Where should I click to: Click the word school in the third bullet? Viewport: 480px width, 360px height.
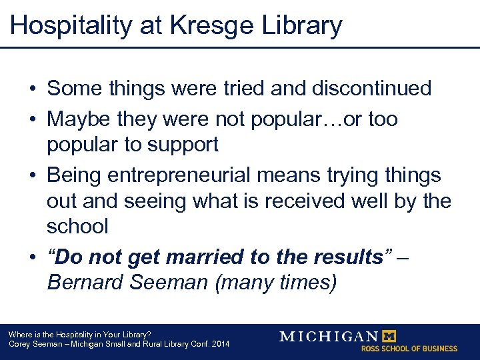(x=77, y=226)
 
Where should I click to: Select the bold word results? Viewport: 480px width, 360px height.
(x=343, y=257)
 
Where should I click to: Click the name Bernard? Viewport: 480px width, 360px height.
(x=87, y=282)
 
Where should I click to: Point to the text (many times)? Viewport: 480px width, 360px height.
(x=276, y=282)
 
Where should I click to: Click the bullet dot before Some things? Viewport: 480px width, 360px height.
(x=31, y=89)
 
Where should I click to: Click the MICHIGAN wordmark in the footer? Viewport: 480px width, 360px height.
(x=329, y=336)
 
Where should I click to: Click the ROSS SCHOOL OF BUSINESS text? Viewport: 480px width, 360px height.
(x=409, y=349)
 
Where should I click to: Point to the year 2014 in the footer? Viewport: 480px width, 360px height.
(x=219, y=344)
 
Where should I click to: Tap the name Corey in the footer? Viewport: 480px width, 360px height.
(x=19, y=344)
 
